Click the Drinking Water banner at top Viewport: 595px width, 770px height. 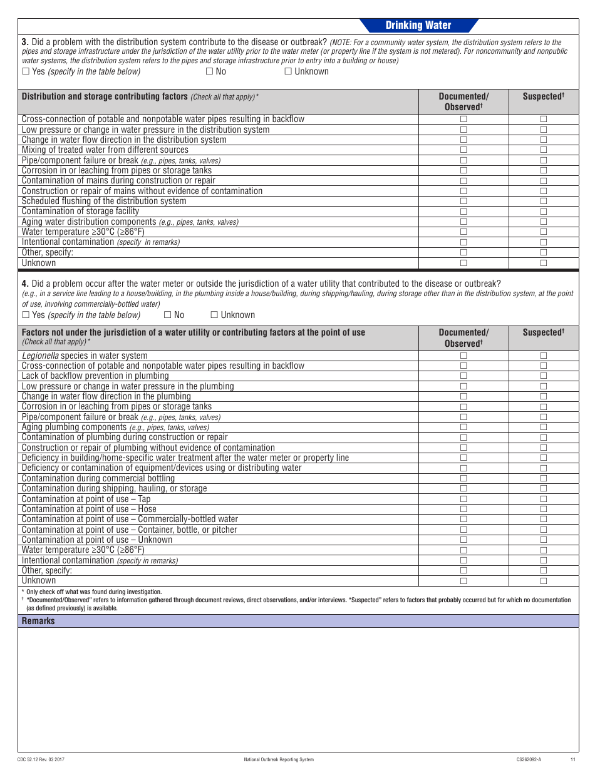click(418, 25)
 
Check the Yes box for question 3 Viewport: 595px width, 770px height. click(26, 71)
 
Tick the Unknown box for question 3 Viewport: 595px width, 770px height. click(288, 71)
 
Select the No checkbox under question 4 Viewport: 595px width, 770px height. click(167, 315)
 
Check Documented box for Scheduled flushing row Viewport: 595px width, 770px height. click(463, 201)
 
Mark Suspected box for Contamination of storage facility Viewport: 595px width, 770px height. click(544, 212)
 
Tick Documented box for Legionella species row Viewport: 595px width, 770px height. click(463, 356)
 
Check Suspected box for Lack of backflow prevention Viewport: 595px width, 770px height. click(544, 376)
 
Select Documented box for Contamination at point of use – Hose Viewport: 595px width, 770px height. click(463, 509)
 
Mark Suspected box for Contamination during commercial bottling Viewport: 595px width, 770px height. click(544, 478)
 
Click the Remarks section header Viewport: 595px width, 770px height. click(38, 621)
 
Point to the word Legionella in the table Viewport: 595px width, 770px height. click(40, 356)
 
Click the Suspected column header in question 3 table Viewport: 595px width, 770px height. click(543, 96)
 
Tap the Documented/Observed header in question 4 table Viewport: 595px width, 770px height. click(463, 337)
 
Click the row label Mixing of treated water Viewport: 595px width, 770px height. click(105, 150)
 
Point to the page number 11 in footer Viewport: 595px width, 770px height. click(572, 759)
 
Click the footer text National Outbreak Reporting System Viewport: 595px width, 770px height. click(279, 759)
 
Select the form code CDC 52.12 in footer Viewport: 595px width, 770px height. click(41, 759)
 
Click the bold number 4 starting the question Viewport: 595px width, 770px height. click(24, 284)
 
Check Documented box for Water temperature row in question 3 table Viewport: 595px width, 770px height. click(463, 232)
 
